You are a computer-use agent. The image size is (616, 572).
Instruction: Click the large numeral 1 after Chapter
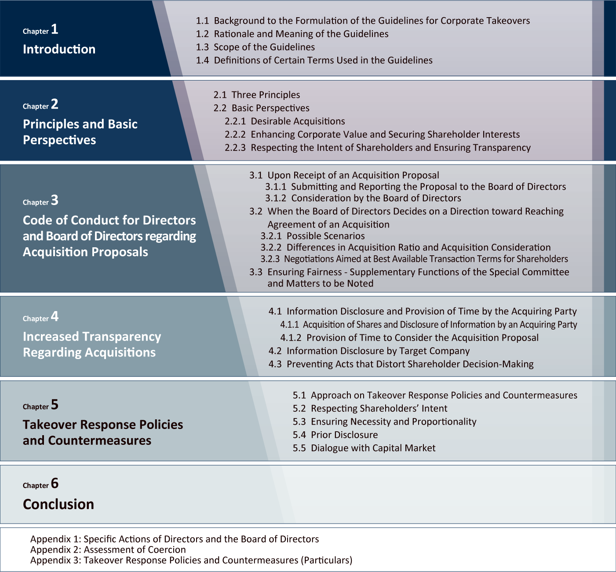[x=55, y=29]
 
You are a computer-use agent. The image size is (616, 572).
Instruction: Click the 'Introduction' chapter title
[x=59, y=49]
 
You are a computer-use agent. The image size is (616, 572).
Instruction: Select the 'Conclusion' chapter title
[x=58, y=504]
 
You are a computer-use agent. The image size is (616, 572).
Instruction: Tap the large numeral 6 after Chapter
[x=55, y=484]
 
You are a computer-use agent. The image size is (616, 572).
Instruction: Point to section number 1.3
[x=202, y=47]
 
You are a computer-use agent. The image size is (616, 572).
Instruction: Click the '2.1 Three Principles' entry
[x=257, y=95]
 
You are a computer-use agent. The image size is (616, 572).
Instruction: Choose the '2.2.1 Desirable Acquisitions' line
[x=284, y=121]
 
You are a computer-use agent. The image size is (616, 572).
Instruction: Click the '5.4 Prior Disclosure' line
[x=335, y=435]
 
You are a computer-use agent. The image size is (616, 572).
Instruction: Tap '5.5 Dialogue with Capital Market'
[x=364, y=448]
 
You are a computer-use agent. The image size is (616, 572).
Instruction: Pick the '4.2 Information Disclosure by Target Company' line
[x=369, y=351]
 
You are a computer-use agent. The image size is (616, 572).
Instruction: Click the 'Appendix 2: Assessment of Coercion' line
[x=108, y=550]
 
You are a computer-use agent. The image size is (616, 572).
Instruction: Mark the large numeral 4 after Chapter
[x=55, y=317]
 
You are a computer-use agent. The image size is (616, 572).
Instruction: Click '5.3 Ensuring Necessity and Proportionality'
[x=384, y=422]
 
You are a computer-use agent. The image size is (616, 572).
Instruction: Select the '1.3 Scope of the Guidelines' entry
[x=255, y=47]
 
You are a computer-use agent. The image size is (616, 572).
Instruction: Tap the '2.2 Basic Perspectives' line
[x=261, y=108]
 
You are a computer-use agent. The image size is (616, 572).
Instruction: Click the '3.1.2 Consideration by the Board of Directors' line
[x=363, y=198]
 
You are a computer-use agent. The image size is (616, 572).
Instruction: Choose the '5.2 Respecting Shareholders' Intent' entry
[x=370, y=409]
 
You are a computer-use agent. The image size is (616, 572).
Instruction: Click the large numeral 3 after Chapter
[x=55, y=201]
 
